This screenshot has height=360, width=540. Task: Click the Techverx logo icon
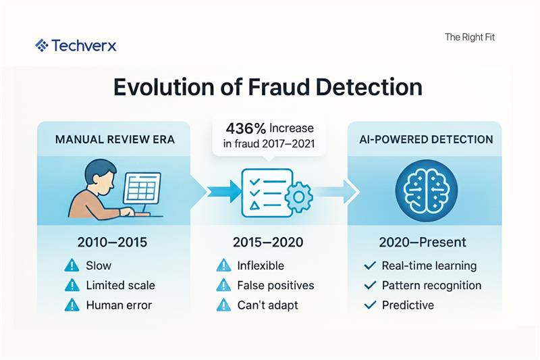(41, 45)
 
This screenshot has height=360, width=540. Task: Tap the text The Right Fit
(470, 38)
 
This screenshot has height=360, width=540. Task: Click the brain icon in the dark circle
(424, 189)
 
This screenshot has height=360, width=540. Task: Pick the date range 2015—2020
(269, 242)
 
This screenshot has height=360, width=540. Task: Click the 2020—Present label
(423, 242)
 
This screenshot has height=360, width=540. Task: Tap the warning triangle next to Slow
(72, 265)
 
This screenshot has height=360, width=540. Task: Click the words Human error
(119, 305)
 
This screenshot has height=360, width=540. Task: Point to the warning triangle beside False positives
(223, 285)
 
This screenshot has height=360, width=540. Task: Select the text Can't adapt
(268, 305)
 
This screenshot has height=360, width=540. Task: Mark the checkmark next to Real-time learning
(369, 265)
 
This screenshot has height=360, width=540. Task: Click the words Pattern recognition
(431, 285)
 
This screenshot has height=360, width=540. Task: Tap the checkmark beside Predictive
(369, 305)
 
